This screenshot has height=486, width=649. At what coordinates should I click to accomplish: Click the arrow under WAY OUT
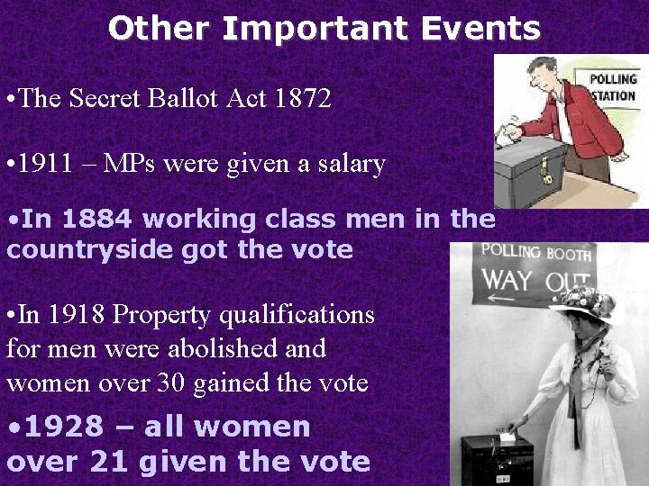pyautogui.click(x=506, y=303)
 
